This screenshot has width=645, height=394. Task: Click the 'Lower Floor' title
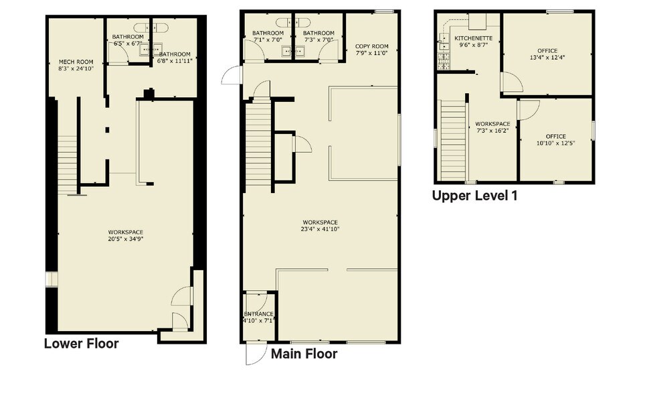(x=81, y=344)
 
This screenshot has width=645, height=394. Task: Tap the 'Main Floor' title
(x=304, y=353)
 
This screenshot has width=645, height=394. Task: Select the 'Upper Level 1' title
(x=474, y=196)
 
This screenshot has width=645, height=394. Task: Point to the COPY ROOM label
(x=371, y=46)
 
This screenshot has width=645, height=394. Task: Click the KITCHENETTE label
(x=473, y=39)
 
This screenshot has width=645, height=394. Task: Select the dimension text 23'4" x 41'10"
(x=320, y=229)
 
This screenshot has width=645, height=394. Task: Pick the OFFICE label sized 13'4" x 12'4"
(x=547, y=50)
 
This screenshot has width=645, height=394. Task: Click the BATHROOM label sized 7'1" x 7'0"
(x=268, y=34)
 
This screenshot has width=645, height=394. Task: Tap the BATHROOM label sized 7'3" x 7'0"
(x=318, y=34)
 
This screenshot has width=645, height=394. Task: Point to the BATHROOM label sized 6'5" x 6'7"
(x=127, y=37)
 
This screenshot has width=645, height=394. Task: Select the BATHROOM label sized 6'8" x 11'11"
(x=175, y=54)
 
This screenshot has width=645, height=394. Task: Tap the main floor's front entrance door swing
(x=255, y=353)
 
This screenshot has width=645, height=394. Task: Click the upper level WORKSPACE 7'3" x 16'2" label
(x=492, y=124)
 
